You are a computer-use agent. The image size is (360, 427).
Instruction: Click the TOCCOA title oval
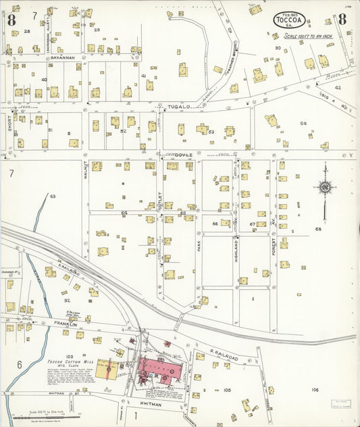288,20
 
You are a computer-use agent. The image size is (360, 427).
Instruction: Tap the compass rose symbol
324,187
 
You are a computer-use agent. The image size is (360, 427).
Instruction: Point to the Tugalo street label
176,106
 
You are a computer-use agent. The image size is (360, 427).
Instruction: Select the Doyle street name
185,155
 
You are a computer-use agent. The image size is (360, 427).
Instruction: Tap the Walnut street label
85,168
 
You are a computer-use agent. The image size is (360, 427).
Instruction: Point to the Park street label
199,245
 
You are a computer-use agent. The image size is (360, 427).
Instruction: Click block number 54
303,124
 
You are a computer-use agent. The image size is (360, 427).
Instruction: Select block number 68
317,229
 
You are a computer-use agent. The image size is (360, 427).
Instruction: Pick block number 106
315,390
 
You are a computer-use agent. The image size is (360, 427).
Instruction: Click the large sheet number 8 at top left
11,19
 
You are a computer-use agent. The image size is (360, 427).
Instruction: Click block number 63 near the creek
53,196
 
